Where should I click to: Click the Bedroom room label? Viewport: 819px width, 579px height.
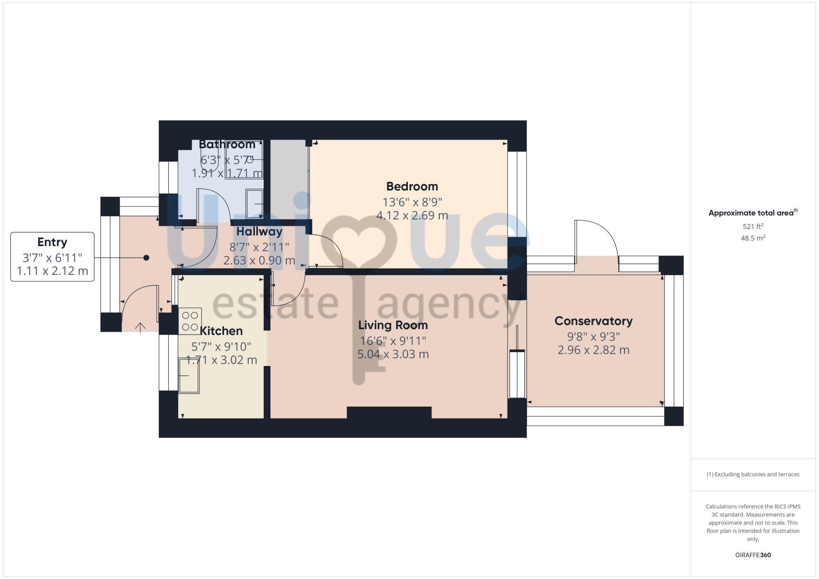pyautogui.click(x=412, y=187)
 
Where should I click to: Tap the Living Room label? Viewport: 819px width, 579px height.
pyautogui.click(x=393, y=326)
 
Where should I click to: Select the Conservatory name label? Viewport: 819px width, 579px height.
pyautogui.click(x=593, y=321)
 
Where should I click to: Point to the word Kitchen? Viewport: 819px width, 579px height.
pyautogui.click(x=221, y=331)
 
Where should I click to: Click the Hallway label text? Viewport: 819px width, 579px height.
pyautogui.click(x=259, y=232)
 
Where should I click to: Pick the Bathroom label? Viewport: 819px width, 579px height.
pyautogui.click(x=227, y=145)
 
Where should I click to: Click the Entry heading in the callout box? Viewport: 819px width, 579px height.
pyautogui.click(x=52, y=242)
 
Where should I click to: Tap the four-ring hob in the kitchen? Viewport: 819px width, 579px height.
pyautogui.click(x=190, y=321)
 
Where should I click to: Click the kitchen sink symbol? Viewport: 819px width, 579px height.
pyautogui.click(x=189, y=375)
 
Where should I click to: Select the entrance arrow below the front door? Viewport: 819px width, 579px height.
pyautogui.click(x=140, y=327)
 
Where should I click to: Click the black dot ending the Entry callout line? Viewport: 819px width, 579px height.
pyautogui.click(x=146, y=258)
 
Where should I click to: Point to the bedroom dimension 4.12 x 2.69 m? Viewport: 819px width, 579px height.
pyautogui.click(x=412, y=215)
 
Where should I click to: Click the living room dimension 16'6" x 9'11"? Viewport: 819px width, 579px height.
pyautogui.click(x=393, y=341)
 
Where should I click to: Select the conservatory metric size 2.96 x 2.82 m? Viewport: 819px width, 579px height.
pyautogui.click(x=593, y=350)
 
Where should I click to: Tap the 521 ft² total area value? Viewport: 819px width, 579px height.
pyautogui.click(x=753, y=226)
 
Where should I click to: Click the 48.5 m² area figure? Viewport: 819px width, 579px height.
pyautogui.click(x=753, y=238)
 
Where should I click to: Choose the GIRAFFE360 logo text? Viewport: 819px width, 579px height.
pyautogui.click(x=753, y=555)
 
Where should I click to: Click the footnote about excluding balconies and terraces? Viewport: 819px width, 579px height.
pyautogui.click(x=753, y=475)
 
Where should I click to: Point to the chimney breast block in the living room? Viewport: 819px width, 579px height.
pyautogui.click(x=389, y=412)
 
